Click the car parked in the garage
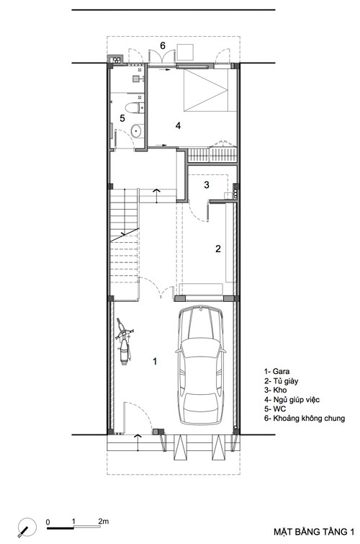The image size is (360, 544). (200, 365)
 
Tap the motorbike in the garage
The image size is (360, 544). (124, 341)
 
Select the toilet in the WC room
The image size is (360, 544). (134, 107)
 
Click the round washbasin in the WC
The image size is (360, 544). (136, 130)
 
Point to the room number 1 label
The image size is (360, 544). (155, 361)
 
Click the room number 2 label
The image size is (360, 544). (218, 249)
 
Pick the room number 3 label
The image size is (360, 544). (207, 184)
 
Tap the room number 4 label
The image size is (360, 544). (178, 125)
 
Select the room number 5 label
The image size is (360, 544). (122, 118)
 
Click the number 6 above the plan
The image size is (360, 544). (163, 45)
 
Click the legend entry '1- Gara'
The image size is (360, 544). (276, 372)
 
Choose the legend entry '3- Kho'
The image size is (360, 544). (275, 390)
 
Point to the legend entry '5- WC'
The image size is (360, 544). (275, 409)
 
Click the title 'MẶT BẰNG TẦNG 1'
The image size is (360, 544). (314, 532)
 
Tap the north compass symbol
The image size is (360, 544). (27, 527)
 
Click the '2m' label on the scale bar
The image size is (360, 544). (103, 521)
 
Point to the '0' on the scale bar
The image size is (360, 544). (48, 522)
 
